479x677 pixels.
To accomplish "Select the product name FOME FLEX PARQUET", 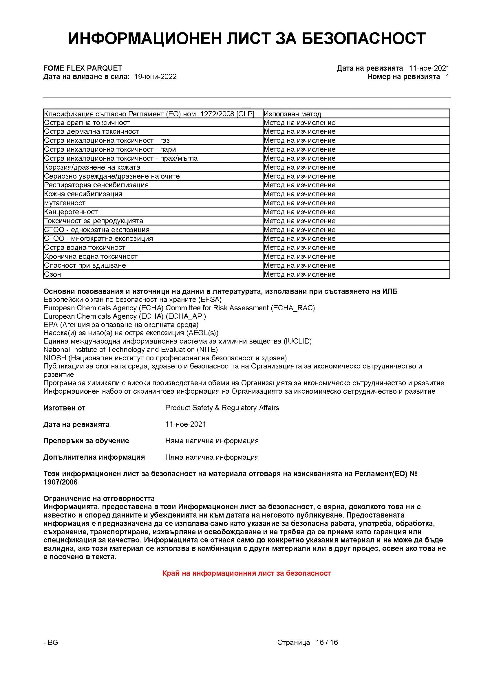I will pyautogui.click(x=83, y=68).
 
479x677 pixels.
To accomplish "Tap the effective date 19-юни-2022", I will pyautogui.click(x=155, y=77).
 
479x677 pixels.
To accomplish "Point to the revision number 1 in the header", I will pyautogui.click(x=447, y=77).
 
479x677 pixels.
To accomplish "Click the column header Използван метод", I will pyautogui.click(x=292, y=114).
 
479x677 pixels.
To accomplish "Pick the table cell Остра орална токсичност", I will pyautogui.click(x=87, y=123).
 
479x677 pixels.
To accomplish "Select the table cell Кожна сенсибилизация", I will pyautogui.click(x=83, y=194).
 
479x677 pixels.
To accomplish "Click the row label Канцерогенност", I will pyautogui.click(x=71, y=212).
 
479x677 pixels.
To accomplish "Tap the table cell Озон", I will pyautogui.click(x=52, y=274).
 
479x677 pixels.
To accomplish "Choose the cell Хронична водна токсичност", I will pyautogui.click(x=91, y=256).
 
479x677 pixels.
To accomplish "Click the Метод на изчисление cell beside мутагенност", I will pyautogui.click(x=299, y=203).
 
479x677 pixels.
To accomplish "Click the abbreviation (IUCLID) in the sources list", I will pyautogui.click(x=297, y=341).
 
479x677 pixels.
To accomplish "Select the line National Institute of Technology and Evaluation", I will pyautogui.click(x=130, y=349).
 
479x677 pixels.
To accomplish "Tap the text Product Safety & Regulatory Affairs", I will pyautogui.click(x=222, y=408).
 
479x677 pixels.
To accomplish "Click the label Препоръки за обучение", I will pyautogui.click(x=86, y=441).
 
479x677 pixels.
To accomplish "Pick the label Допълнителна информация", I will pyautogui.click(x=94, y=457).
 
